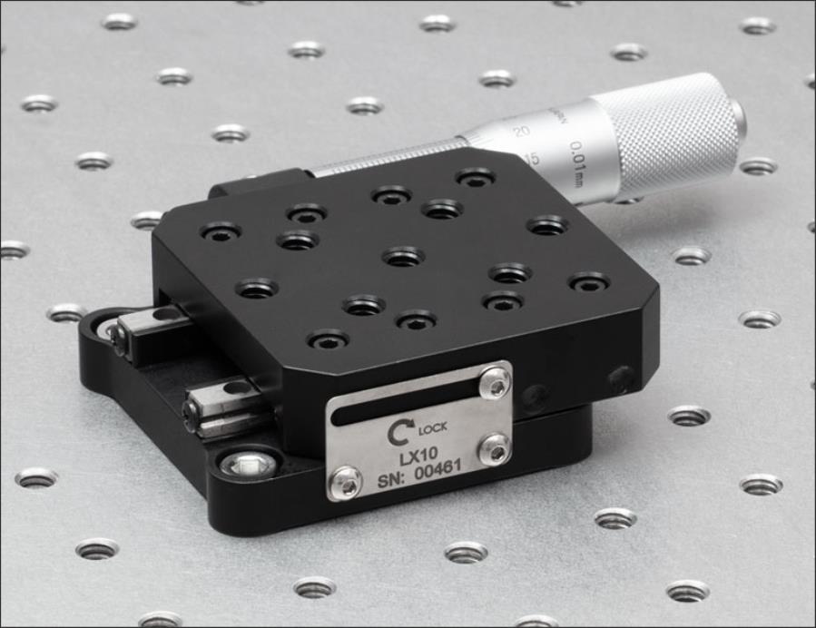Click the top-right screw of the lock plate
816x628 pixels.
coord(494,383)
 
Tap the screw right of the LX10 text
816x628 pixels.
coord(494,449)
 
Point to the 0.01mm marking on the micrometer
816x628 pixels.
coord(577,160)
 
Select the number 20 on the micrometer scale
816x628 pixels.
coord(521,132)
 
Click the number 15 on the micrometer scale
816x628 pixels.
coord(531,159)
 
